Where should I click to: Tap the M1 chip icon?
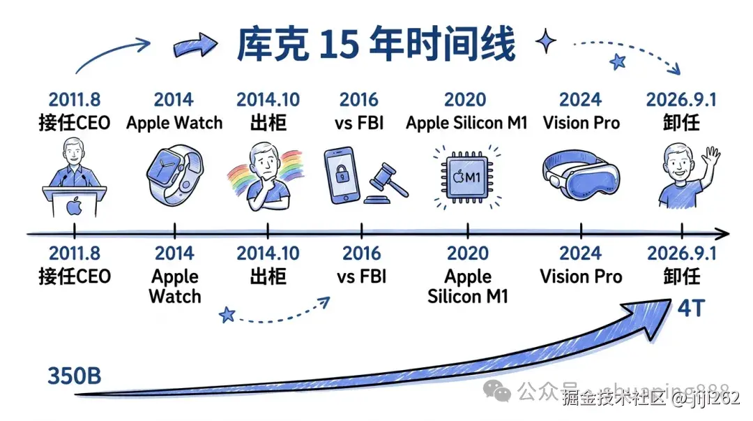pyautogui.click(x=466, y=177)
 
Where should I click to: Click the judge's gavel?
pyautogui.click(x=384, y=183)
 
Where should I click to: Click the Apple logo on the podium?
pyautogui.click(x=74, y=207)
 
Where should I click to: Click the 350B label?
pyautogui.click(x=75, y=375)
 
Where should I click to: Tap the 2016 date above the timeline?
pyautogui.click(x=360, y=100)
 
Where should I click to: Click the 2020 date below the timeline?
pyautogui.click(x=467, y=254)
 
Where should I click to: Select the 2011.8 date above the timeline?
pyautogui.click(x=74, y=100)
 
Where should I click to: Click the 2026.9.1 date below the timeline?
pyautogui.click(x=681, y=254)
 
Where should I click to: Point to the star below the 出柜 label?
pyautogui.click(x=227, y=314)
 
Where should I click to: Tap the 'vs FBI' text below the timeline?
pyautogui.click(x=361, y=276)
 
